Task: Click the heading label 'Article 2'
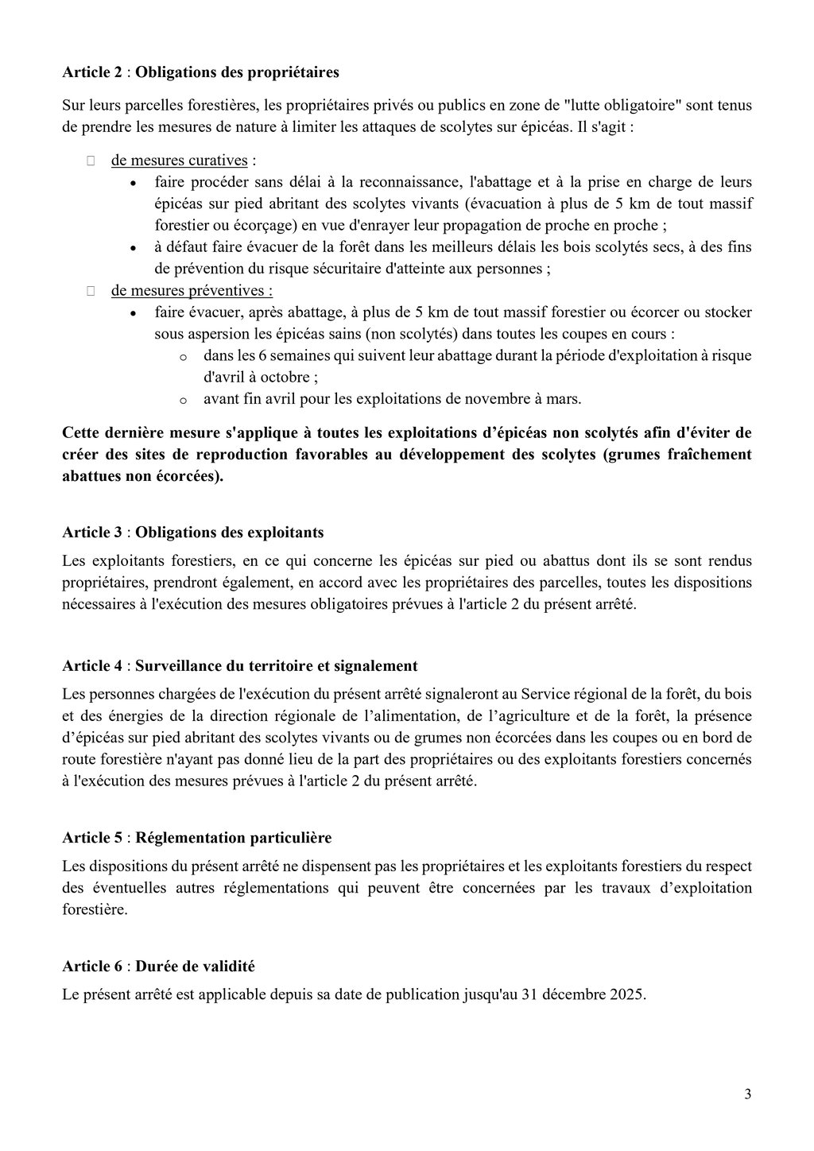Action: point(92,72)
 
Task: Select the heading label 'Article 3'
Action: point(92,532)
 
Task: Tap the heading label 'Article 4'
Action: point(92,665)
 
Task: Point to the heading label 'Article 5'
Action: point(92,838)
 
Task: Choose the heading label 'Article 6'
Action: point(92,967)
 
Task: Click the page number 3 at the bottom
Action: point(747,1094)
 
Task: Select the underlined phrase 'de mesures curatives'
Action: point(180,161)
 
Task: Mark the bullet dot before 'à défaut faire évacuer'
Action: point(134,248)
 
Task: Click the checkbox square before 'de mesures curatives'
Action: point(91,161)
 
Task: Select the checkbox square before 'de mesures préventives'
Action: point(91,291)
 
